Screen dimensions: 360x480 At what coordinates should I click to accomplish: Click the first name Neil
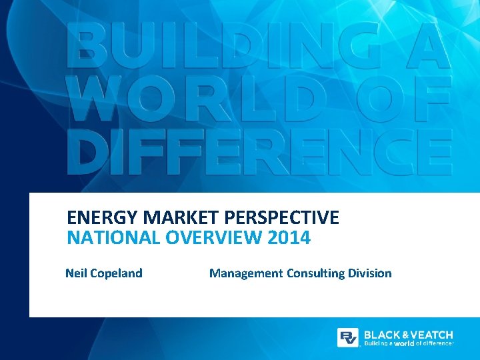[x=76, y=273]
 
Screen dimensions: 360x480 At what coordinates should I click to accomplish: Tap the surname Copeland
[x=116, y=273]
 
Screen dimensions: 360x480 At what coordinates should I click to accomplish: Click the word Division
[x=370, y=273]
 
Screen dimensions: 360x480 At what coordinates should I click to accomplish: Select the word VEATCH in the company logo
[x=432, y=334]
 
